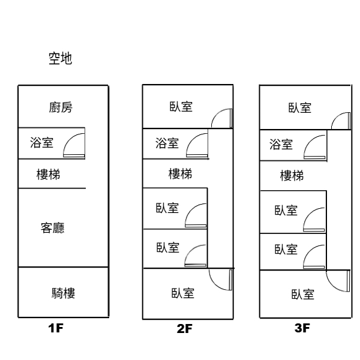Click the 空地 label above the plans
[x=61, y=59]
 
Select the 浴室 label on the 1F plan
[x=41, y=143]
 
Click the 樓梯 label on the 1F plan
[x=48, y=175]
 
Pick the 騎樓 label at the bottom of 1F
[x=63, y=293]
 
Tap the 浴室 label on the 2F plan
[x=167, y=143]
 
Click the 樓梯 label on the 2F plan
[x=180, y=174]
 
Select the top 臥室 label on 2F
[x=181, y=108]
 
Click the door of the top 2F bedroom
[x=221, y=118]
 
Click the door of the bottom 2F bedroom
[x=221, y=281]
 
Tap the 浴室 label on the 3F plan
[x=281, y=144]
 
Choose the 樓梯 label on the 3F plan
[x=292, y=176]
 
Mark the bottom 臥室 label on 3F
[x=303, y=294]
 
